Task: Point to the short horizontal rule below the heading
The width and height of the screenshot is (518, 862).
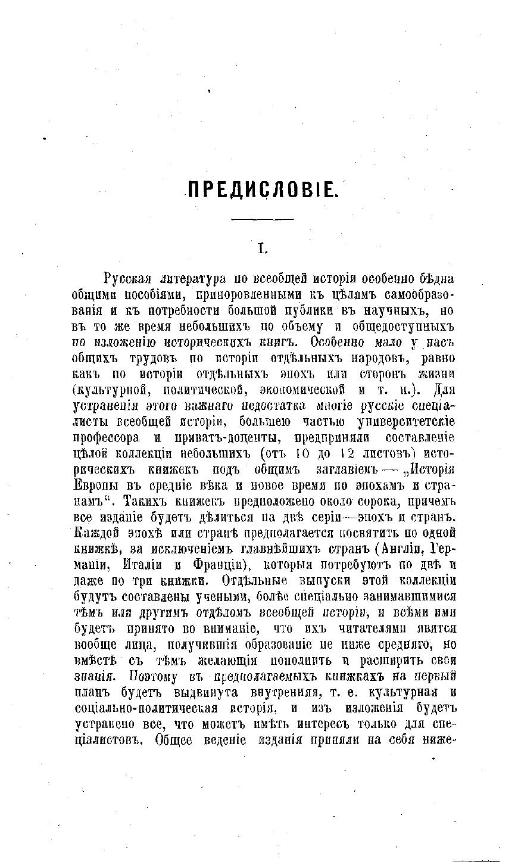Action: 263,220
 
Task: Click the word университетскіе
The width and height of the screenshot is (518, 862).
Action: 405,422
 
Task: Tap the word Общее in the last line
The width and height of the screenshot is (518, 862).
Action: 174,740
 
